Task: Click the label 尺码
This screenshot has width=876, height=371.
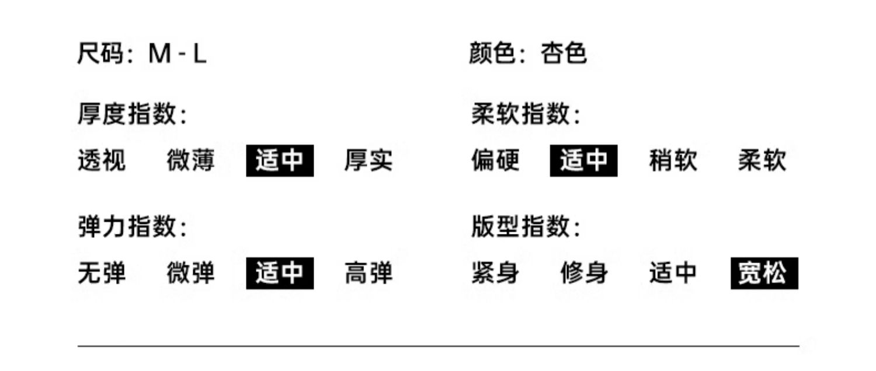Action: pyautogui.click(x=100, y=54)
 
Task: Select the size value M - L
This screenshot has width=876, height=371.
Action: pyautogui.click(x=178, y=54)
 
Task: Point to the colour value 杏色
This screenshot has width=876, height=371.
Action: pyautogui.click(x=563, y=54)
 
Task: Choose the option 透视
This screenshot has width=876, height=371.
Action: pyautogui.click(x=101, y=160)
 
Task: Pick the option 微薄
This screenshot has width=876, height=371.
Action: pyautogui.click(x=190, y=160)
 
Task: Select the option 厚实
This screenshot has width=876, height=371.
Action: pyautogui.click(x=368, y=160)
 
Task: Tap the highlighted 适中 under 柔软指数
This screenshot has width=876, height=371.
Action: pyautogui.click(x=583, y=160)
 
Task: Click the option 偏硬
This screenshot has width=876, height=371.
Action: pyautogui.click(x=495, y=160)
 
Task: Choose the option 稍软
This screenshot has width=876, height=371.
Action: pyautogui.click(x=673, y=160)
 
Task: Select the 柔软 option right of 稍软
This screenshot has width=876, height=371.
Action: pyautogui.click(x=762, y=160)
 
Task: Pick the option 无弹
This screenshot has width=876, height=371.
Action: pyautogui.click(x=101, y=273)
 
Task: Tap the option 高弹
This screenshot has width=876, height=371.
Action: pyautogui.click(x=368, y=273)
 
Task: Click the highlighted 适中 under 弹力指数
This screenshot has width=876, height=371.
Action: pyautogui.click(x=280, y=273)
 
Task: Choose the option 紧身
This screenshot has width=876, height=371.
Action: pyautogui.click(x=495, y=273)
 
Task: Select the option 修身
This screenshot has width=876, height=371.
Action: pyautogui.click(x=584, y=273)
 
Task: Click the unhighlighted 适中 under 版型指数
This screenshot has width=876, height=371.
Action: pyautogui.click(x=673, y=273)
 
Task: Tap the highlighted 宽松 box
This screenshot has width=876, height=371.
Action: pyautogui.click(x=764, y=273)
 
